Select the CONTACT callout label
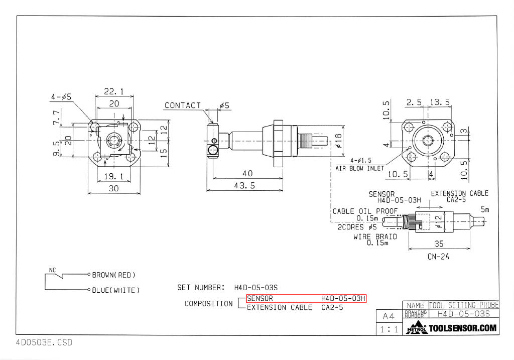pyautogui.click(x=183, y=105)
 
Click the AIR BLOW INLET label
pyautogui.click(x=359, y=168)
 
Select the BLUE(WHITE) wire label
pyautogui.click(x=115, y=290)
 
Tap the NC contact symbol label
pyautogui.click(x=52, y=270)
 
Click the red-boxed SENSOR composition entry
pyautogui.click(x=306, y=299)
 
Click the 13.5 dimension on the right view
pyautogui.click(x=440, y=102)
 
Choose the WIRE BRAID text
pyautogui.click(x=375, y=236)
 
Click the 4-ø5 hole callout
pyautogui.click(x=60, y=96)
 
